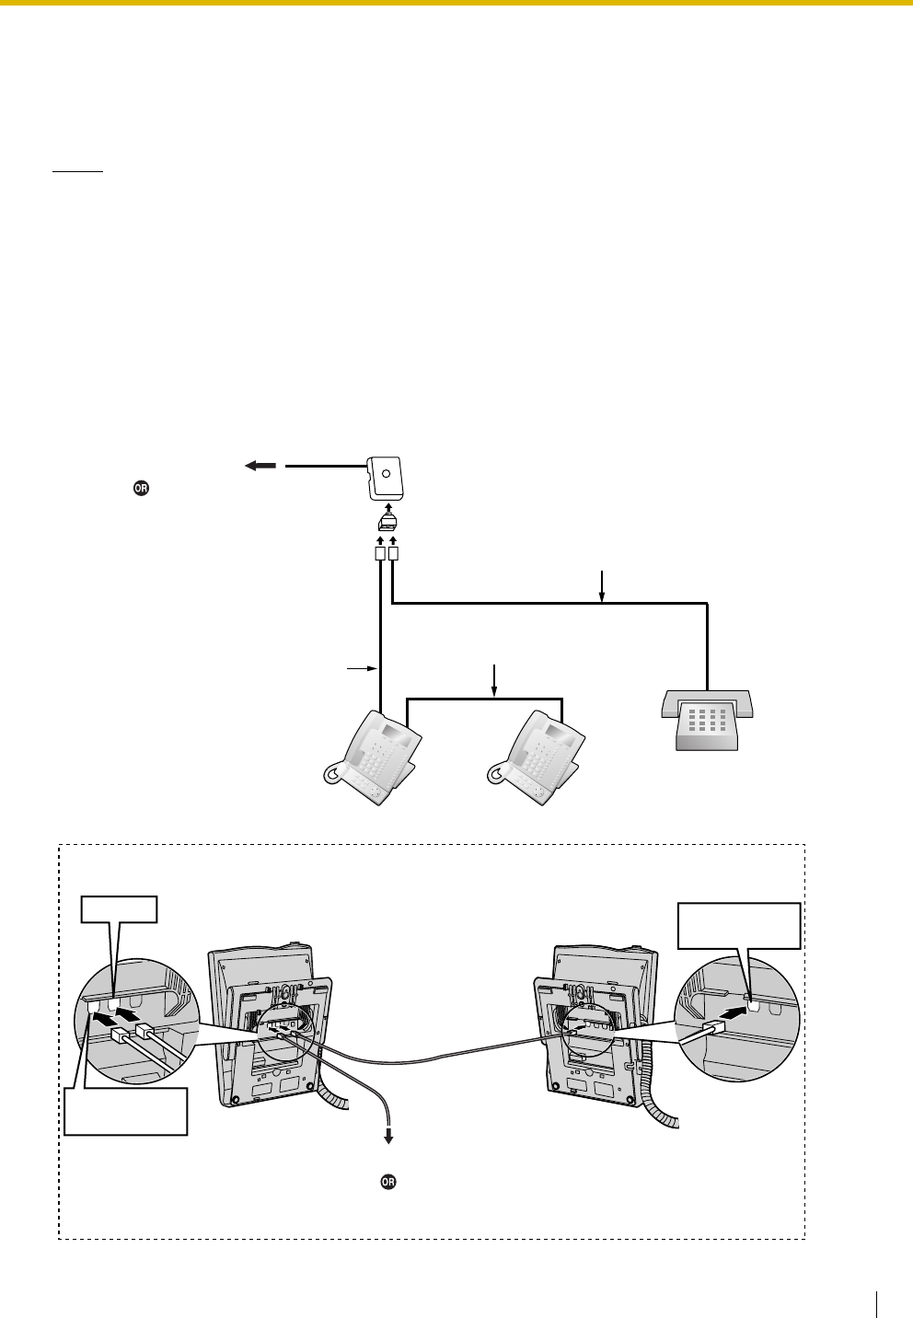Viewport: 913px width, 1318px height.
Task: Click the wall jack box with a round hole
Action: point(387,479)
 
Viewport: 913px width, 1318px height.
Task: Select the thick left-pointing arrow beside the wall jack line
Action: point(260,466)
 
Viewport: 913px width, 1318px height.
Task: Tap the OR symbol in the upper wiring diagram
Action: point(141,489)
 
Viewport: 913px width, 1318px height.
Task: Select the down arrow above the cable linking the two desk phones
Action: point(495,680)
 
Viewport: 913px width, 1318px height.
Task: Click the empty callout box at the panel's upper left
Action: point(119,909)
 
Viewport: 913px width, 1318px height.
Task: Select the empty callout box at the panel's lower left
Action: point(126,1111)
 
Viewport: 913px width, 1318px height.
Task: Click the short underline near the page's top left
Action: point(78,171)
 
